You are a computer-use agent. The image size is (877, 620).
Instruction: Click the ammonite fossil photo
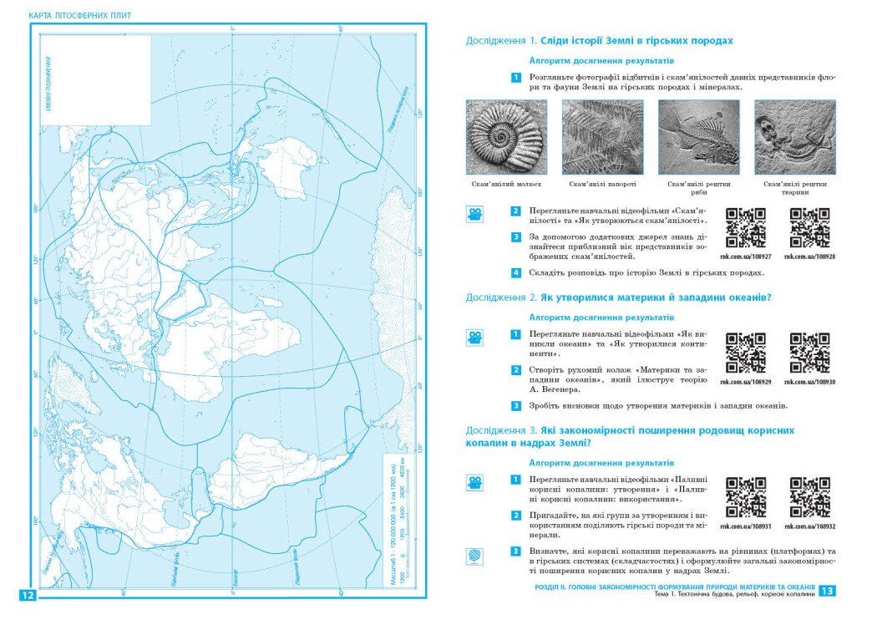pos(507,137)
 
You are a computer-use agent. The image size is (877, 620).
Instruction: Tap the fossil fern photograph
pos(602,137)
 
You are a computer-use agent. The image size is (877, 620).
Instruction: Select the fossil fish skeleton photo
pos(699,137)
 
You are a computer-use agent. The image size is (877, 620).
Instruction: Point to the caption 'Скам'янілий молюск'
pos(507,184)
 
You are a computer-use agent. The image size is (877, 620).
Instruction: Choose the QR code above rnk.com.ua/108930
pos(809,353)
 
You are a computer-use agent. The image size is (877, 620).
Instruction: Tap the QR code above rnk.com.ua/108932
pos(809,497)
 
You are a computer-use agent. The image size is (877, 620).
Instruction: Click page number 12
pos(27,595)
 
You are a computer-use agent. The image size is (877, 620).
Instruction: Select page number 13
pos(827,591)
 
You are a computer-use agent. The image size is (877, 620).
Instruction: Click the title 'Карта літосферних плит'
pos(80,16)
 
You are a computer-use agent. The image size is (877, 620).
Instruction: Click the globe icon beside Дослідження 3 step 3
pos(474,556)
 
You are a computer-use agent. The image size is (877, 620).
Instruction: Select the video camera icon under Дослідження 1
pos(474,215)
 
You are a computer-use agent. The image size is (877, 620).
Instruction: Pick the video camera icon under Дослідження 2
pos(474,338)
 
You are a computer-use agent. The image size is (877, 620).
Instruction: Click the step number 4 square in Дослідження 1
pos(516,272)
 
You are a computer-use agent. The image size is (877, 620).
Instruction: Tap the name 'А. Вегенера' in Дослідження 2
pos(553,389)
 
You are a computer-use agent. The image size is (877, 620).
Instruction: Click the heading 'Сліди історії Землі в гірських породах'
pos(636,40)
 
